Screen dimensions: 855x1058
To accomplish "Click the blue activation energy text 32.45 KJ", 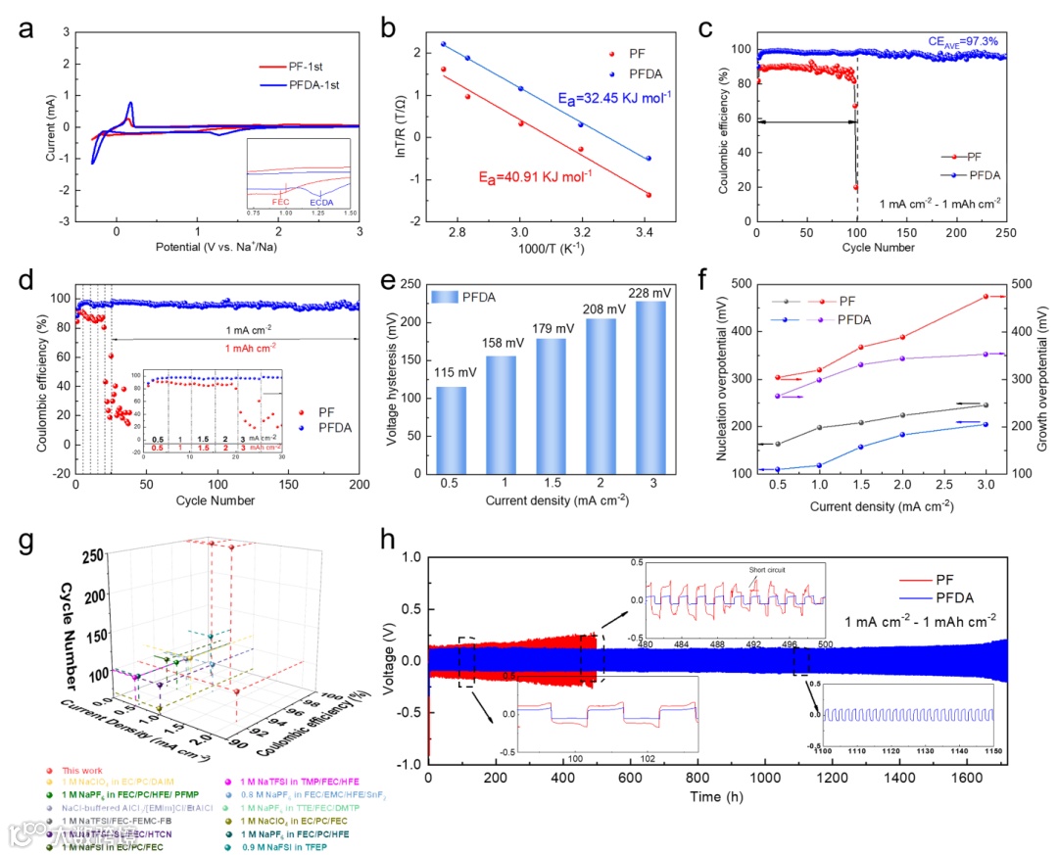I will (613, 96).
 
